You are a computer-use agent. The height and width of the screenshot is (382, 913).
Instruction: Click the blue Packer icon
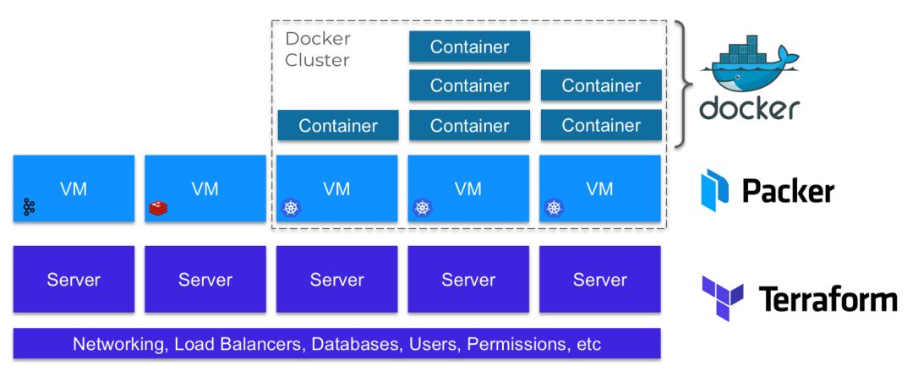click(714, 189)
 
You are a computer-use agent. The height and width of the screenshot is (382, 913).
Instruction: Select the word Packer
click(788, 191)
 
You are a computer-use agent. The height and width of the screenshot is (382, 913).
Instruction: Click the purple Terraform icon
click(722, 298)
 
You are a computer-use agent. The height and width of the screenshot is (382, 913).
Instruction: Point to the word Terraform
click(827, 299)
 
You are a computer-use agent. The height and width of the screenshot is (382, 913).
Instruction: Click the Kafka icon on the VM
click(30, 207)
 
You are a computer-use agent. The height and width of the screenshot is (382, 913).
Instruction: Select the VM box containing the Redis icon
click(205, 188)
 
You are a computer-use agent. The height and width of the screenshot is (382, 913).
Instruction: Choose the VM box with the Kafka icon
click(74, 188)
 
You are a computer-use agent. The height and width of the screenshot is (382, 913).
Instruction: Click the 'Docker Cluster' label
click(318, 49)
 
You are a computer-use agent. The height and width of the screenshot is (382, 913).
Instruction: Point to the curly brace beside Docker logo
click(683, 85)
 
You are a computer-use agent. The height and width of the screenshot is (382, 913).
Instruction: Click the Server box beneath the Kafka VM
click(74, 280)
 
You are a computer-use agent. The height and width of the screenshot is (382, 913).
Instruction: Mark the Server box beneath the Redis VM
click(205, 280)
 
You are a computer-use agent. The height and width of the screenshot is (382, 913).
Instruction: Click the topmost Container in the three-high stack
click(469, 46)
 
